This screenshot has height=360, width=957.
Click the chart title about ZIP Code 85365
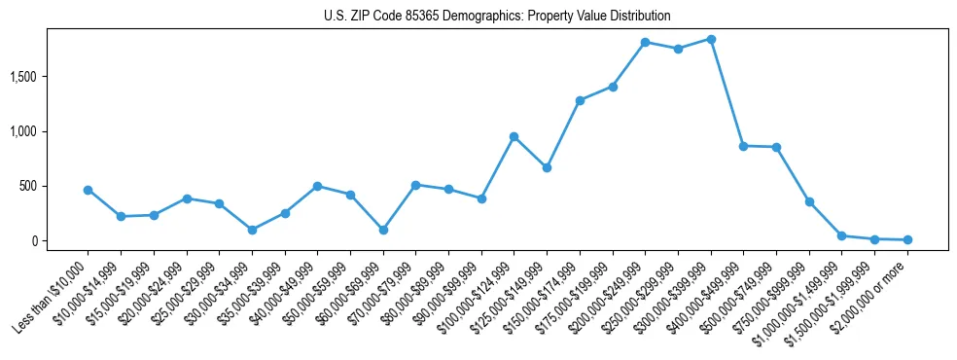[497, 17]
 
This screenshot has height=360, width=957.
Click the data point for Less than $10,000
[88, 190]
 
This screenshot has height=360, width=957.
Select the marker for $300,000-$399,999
[711, 39]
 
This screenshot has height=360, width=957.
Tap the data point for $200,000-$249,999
[645, 42]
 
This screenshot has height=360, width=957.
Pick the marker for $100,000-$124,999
[514, 136]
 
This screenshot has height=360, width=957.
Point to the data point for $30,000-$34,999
[252, 230]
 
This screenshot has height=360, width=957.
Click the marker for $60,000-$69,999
[383, 230]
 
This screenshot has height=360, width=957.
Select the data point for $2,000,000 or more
[907, 239]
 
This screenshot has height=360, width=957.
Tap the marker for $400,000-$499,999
[743, 146]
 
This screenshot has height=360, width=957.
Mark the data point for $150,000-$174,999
[580, 100]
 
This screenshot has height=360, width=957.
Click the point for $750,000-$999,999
[809, 201]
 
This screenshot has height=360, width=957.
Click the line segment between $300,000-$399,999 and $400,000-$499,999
[727, 92]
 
